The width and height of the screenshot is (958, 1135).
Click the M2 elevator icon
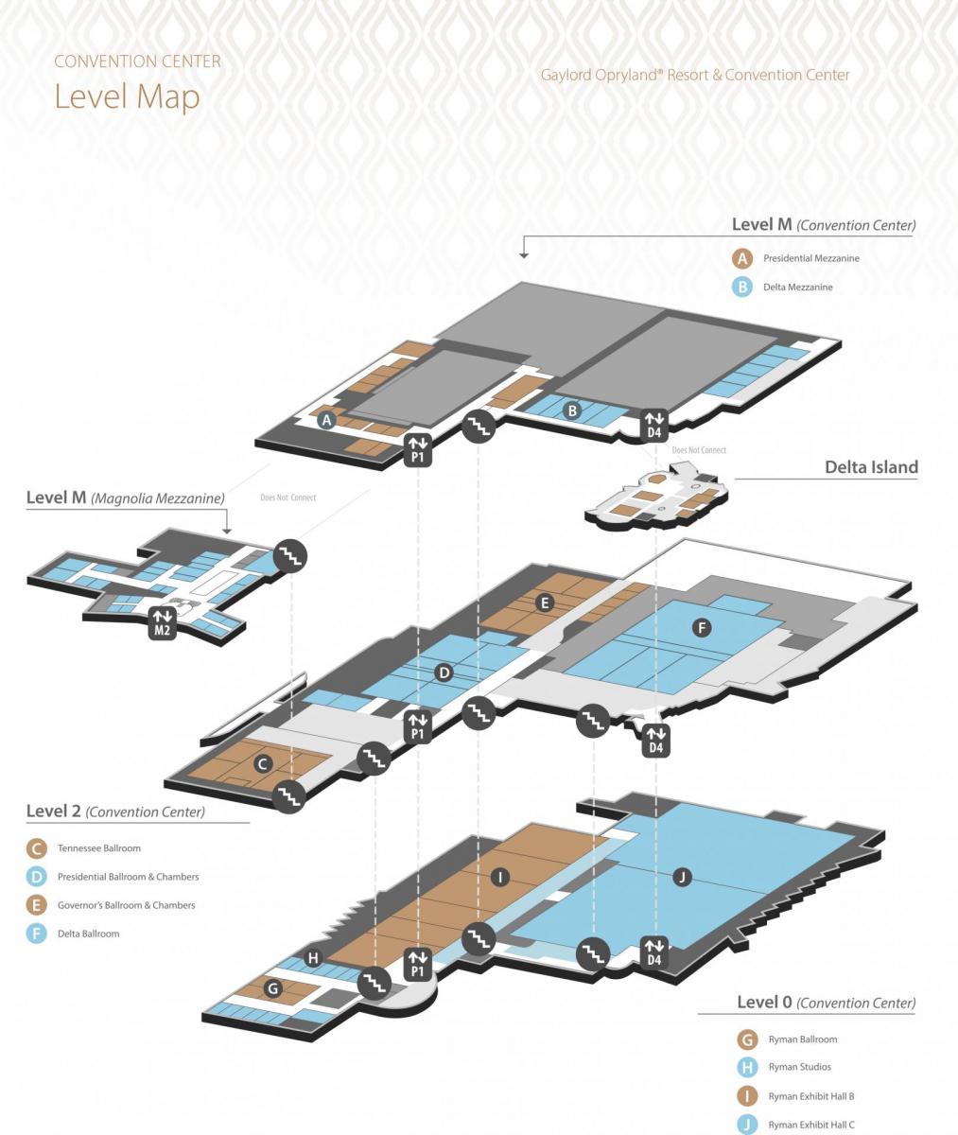[162, 622]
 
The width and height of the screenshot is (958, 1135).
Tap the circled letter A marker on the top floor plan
[326, 420]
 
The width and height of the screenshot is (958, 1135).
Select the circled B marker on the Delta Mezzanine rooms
[572, 410]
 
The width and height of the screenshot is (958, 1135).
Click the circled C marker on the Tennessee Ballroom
[263, 764]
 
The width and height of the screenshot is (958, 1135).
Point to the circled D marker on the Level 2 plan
[444, 672]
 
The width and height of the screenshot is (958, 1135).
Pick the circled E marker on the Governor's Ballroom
[544, 602]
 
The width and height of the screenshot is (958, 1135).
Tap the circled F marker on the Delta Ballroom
[702, 628]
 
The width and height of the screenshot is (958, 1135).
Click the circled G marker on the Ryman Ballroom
[273, 987]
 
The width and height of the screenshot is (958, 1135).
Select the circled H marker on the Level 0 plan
[313, 958]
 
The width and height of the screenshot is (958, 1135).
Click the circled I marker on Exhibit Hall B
[499, 876]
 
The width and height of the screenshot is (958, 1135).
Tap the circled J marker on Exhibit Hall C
[682, 876]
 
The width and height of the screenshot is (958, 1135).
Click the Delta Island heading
[871, 467]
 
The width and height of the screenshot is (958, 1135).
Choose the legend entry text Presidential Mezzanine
[811, 258]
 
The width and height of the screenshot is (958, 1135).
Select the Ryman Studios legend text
[799, 1067]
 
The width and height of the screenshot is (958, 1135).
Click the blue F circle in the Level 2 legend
[37, 934]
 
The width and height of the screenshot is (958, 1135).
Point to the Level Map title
[128, 96]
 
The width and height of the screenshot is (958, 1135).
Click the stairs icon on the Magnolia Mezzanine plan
[291, 555]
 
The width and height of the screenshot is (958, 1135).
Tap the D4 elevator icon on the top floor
[654, 425]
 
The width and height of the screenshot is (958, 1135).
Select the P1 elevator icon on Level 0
[418, 966]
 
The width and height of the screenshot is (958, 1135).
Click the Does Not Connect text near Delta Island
[699, 450]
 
